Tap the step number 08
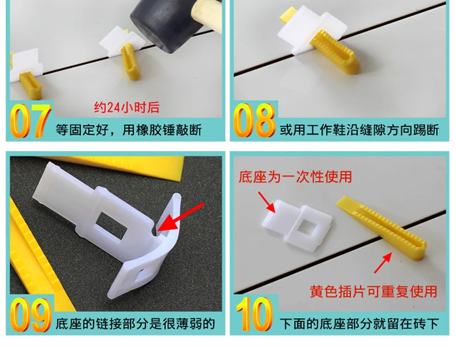point(254,119)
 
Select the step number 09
point(31,314)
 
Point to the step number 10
point(255,314)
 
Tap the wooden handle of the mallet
point(208,16)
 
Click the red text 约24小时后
point(126,107)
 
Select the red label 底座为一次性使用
point(295,177)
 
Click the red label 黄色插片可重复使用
point(373,291)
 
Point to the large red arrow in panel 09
point(181,217)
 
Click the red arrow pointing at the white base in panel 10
point(267,202)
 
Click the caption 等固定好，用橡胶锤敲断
point(129,130)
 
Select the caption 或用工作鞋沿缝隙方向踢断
point(359,130)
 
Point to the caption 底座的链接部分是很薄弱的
point(135,324)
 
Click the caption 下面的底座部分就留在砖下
point(359,324)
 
